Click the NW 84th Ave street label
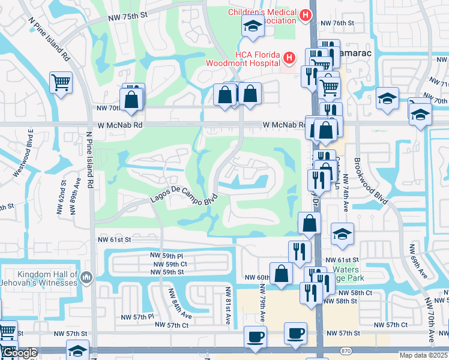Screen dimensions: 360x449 click(179, 304)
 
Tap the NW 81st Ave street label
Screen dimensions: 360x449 click(228, 305)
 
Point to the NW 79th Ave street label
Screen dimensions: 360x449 click(263, 305)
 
